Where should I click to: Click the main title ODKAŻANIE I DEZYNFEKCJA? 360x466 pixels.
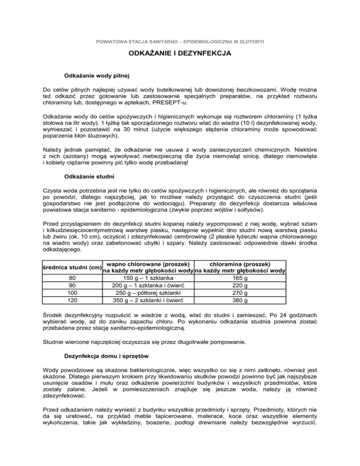pyautogui.click(x=180, y=54)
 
